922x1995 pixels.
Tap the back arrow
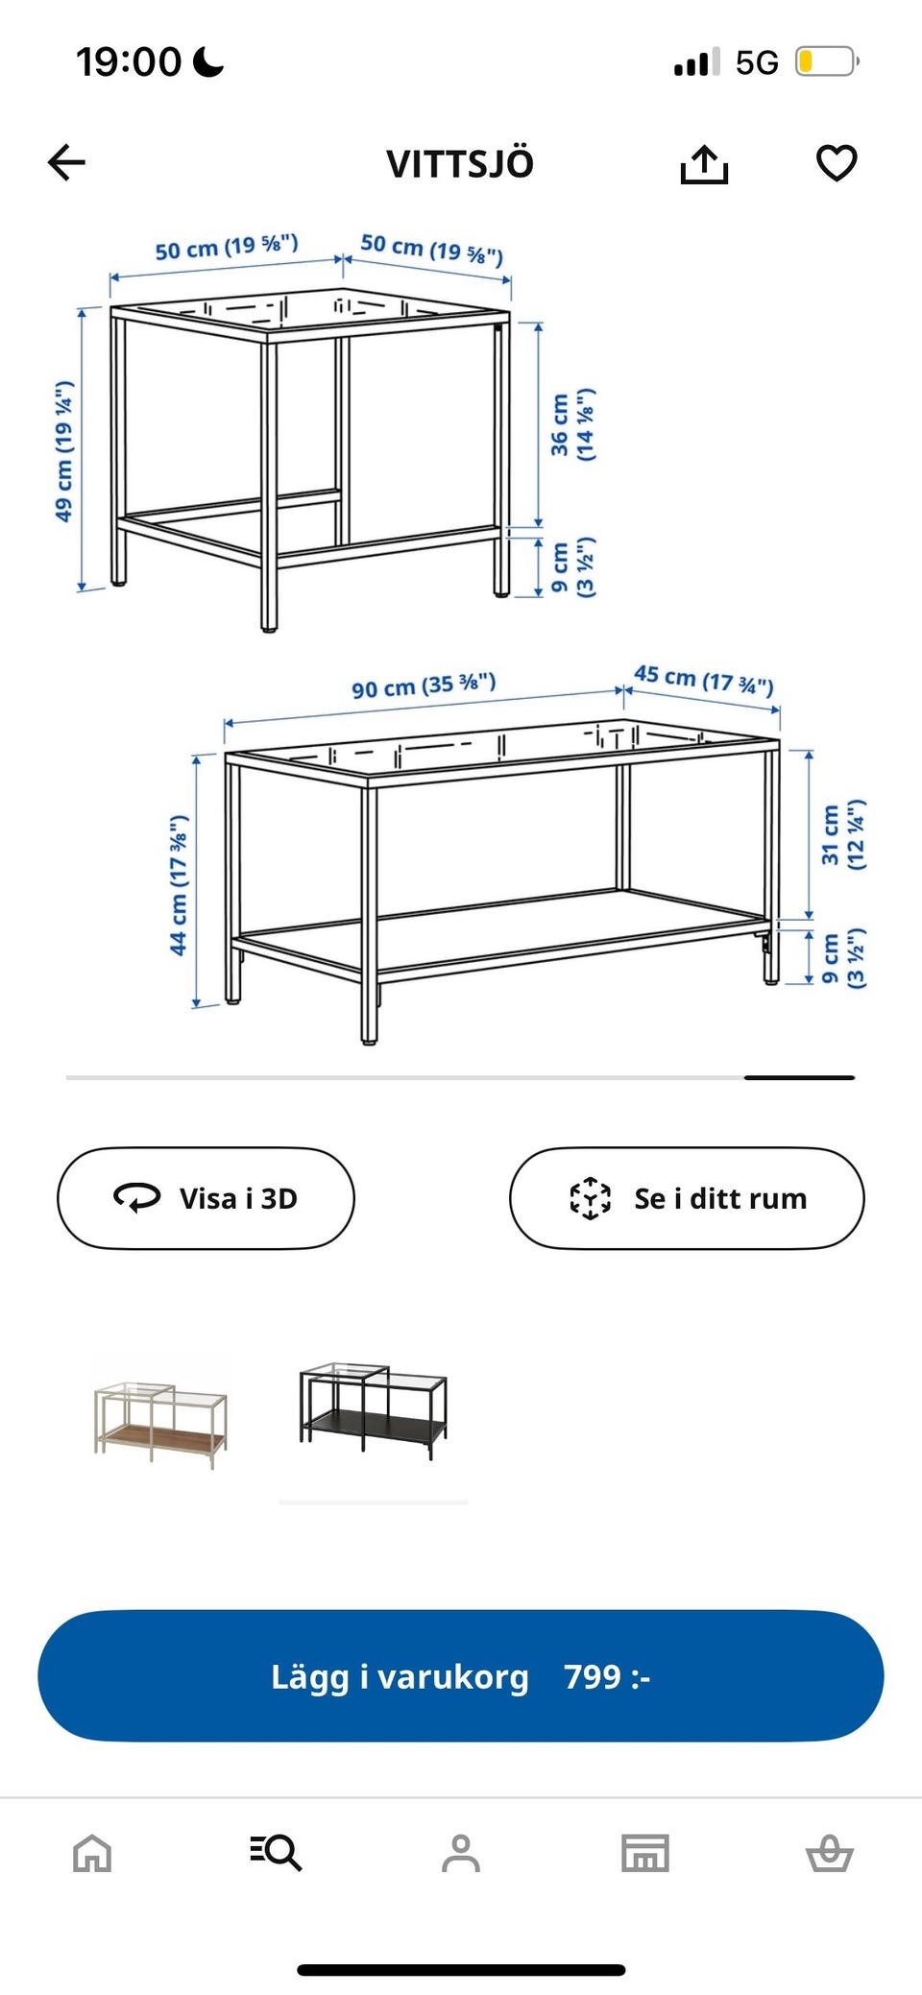pos(66,162)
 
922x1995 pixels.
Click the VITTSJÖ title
pos(460,163)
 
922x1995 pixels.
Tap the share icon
pos(704,163)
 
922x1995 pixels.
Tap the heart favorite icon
pos(837,163)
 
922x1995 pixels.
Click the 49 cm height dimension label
pos(64,451)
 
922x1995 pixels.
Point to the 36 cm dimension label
pos(572,424)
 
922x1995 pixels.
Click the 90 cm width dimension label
pos(424,685)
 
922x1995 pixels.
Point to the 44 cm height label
pos(179,885)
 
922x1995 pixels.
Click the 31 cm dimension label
pos(843,834)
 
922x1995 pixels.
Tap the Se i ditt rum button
pos(687,1198)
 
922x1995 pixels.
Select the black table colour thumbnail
pos(373,1410)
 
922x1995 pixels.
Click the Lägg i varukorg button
pos(461,1676)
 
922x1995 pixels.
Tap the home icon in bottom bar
pos(92,1853)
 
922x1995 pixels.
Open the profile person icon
pos(461,1853)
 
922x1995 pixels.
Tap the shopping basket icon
pos(830,1853)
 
